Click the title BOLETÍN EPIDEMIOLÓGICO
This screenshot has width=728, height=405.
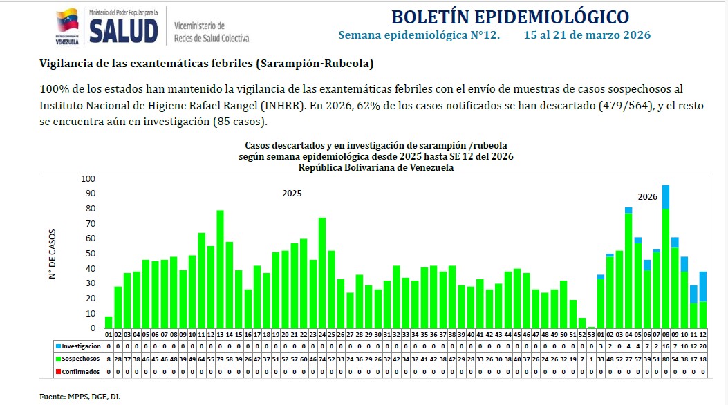[x=510, y=17]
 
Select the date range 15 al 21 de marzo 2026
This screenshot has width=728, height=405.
[x=587, y=35]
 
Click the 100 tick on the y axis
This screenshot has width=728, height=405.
[x=88, y=178]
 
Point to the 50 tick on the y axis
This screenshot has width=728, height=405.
[x=91, y=254]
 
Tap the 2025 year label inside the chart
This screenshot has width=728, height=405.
[x=292, y=194]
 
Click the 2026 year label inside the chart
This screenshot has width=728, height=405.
[x=647, y=197]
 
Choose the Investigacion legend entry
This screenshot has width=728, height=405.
[x=78, y=346]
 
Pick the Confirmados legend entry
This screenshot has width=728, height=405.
[x=78, y=371]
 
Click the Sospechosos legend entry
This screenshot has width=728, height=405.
[x=78, y=359]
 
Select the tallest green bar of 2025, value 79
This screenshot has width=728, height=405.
[x=220, y=270]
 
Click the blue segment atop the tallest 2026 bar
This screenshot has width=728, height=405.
[x=665, y=197]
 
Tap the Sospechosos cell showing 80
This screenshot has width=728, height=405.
[x=665, y=359]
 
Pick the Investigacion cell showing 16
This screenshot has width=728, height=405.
[x=665, y=346]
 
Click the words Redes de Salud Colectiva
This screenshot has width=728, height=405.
[x=212, y=39]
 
